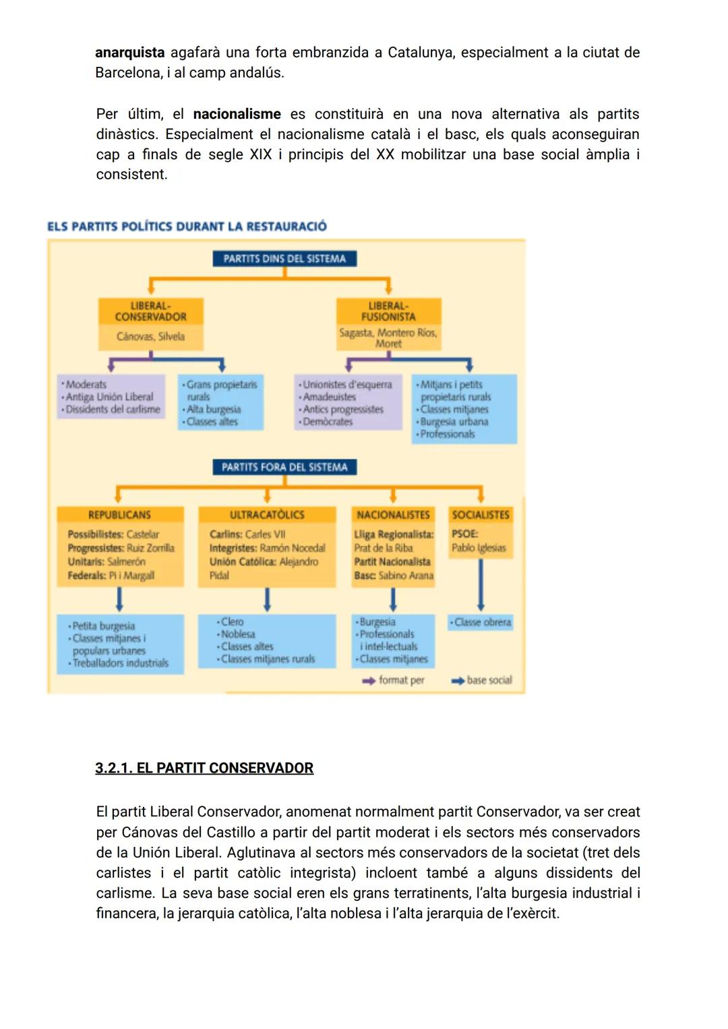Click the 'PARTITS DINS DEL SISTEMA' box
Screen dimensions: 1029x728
click(x=284, y=258)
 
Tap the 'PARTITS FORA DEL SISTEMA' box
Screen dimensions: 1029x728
click(x=284, y=467)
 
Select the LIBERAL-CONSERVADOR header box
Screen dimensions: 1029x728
click(x=150, y=311)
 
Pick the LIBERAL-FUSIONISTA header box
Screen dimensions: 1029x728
click(x=388, y=311)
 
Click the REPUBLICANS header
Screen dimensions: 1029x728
click(x=119, y=515)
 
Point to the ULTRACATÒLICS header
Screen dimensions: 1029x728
click(x=267, y=515)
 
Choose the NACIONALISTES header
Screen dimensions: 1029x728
click(x=393, y=515)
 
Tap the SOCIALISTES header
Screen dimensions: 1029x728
click(x=481, y=515)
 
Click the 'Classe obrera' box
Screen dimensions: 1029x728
click(x=481, y=622)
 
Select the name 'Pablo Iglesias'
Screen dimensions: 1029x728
click(x=479, y=548)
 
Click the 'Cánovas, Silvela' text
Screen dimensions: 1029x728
click(x=150, y=336)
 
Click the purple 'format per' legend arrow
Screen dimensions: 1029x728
click(x=369, y=681)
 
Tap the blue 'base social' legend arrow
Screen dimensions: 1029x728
click(x=458, y=681)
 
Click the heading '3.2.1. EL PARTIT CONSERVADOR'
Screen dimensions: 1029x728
click(x=204, y=768)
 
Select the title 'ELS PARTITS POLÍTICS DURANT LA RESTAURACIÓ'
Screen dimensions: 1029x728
click(x=187, y=226)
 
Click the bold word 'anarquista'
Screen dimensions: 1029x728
click(x=129, y=53)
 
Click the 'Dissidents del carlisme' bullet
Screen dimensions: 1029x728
click(x=113, y=410)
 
